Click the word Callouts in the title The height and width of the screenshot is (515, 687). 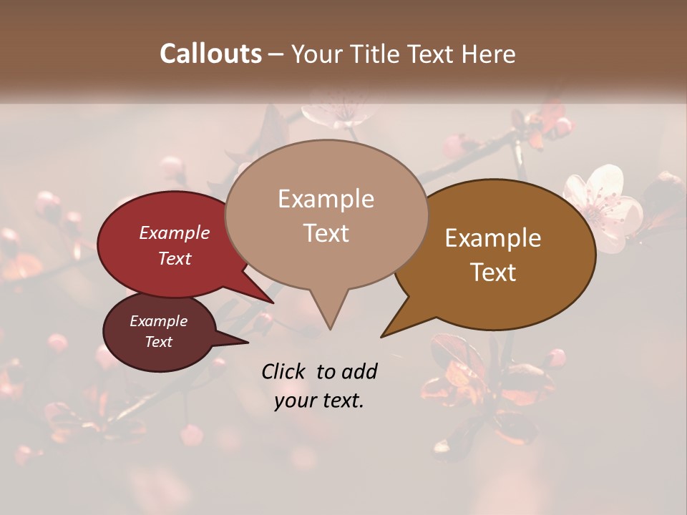210,54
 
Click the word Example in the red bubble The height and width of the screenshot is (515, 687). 175,232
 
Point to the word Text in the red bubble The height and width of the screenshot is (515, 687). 175,258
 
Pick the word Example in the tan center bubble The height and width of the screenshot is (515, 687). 326,199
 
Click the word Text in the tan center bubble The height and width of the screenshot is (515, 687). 326,233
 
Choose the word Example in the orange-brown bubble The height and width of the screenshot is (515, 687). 493,238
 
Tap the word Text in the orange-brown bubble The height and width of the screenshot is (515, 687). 493,273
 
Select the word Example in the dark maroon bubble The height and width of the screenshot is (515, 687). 158,321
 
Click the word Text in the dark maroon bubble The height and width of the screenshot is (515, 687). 158,342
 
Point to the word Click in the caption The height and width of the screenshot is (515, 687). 286,371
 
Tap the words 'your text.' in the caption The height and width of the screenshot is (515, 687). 318,401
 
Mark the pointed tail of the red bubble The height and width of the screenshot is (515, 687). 269,300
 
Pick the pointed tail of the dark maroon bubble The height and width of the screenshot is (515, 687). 243,342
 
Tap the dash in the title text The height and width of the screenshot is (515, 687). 276,54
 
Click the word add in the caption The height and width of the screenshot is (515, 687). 359,371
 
